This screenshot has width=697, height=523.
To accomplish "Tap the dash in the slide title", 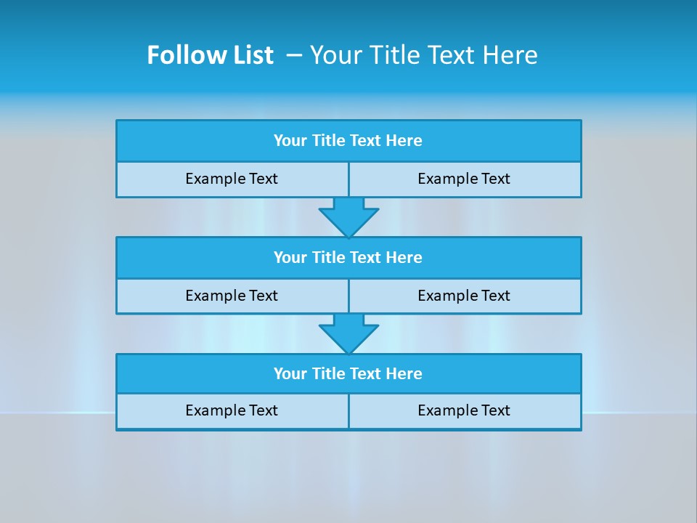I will coord(294,55).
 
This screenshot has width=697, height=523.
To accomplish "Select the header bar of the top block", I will coord(348,141).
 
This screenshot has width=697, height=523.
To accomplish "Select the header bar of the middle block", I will coord(348,258).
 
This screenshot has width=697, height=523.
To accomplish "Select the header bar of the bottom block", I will coord(348,374).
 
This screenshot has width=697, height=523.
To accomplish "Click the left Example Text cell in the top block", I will coord(232,179).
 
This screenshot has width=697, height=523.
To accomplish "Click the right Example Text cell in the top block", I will coord(465,179).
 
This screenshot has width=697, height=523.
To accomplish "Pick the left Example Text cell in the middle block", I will coord(232,296).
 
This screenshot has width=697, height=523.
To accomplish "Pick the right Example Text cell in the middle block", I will coord(465,296).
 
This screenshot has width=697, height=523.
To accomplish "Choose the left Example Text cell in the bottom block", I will coord(232,411).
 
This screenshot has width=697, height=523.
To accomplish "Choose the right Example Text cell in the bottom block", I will coord(465,411).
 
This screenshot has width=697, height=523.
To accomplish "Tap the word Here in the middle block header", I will coord(404,258).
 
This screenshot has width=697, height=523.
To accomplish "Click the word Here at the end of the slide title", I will coord(509,55).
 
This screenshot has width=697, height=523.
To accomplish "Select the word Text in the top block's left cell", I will coord(262,179).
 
